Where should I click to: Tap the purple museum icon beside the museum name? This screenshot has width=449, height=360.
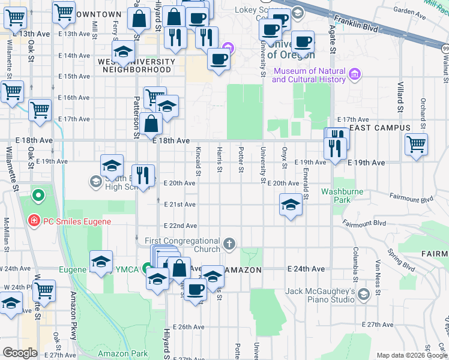coord(355,74)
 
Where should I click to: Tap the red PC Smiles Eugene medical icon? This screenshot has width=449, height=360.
coord(34,221)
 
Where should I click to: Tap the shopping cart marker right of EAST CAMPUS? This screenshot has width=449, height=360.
coord(416,144)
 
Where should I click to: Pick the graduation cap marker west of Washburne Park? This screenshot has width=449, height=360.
coord(290,205)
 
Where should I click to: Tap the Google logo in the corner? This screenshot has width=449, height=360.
coord(20,353)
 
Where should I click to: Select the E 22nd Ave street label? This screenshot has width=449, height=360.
coord(181,226)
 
